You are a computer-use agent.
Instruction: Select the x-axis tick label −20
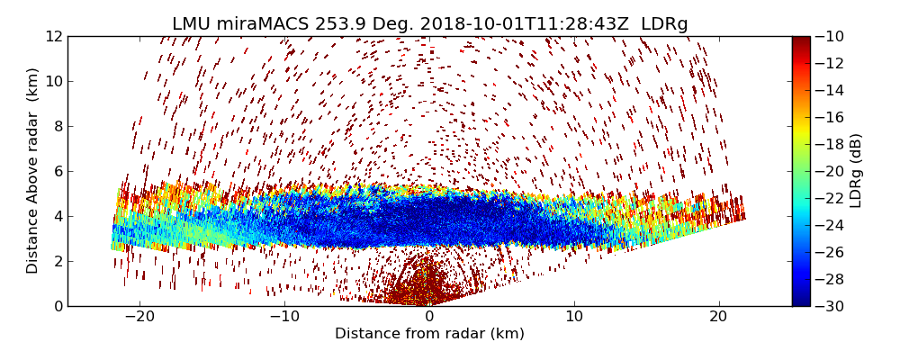pos(139,317)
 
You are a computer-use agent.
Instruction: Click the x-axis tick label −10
pos(284,317)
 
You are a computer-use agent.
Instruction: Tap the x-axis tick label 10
pos(574,317)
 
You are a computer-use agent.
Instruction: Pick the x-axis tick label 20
pos(718,317)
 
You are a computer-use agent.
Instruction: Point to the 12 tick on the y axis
pos(53,37)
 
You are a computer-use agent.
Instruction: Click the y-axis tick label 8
pos(57,127)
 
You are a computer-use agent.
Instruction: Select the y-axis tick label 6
pos(57,172)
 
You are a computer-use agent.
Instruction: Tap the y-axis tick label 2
pos(57,262)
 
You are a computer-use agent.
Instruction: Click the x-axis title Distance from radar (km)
pos(429,334)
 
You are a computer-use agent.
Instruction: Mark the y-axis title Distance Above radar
pos(33,171)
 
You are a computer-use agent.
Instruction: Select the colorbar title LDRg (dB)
pos(856,171)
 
